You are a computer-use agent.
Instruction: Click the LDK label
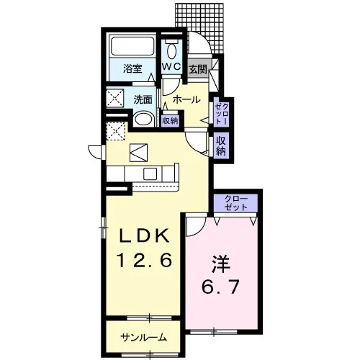coord(145,236)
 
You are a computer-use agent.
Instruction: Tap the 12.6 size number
coord(145,260)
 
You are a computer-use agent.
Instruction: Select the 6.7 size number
coord(220,287)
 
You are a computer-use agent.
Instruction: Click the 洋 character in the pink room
coord(221,265)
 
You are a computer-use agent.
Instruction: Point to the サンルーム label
coord(143,338)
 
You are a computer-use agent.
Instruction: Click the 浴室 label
coord(132,69)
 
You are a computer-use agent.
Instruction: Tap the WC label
coord(171,67)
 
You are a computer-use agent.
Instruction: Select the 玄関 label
coord(198,70)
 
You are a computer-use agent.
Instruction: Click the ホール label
coord(186,99)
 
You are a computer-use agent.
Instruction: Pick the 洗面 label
coord(143,99)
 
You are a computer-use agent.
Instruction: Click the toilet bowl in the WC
coord(171,51)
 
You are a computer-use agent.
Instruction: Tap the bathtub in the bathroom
coord(132,46)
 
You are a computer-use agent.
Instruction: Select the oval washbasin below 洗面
coord(143,120)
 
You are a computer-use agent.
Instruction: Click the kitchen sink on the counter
coord(150,174)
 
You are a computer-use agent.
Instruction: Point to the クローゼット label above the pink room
coord(235,203)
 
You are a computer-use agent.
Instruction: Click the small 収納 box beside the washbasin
coord(170,121)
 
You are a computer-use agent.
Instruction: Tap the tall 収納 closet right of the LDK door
coord(221,145)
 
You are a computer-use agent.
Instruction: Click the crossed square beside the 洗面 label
coord(115,98)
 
